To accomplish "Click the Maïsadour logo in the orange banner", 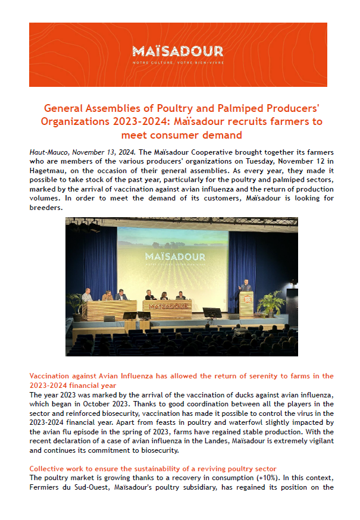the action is click(x=178, y=53).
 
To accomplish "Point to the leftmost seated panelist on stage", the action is click(x=87, y=295).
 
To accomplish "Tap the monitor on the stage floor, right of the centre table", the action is click(x=212, y=312).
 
